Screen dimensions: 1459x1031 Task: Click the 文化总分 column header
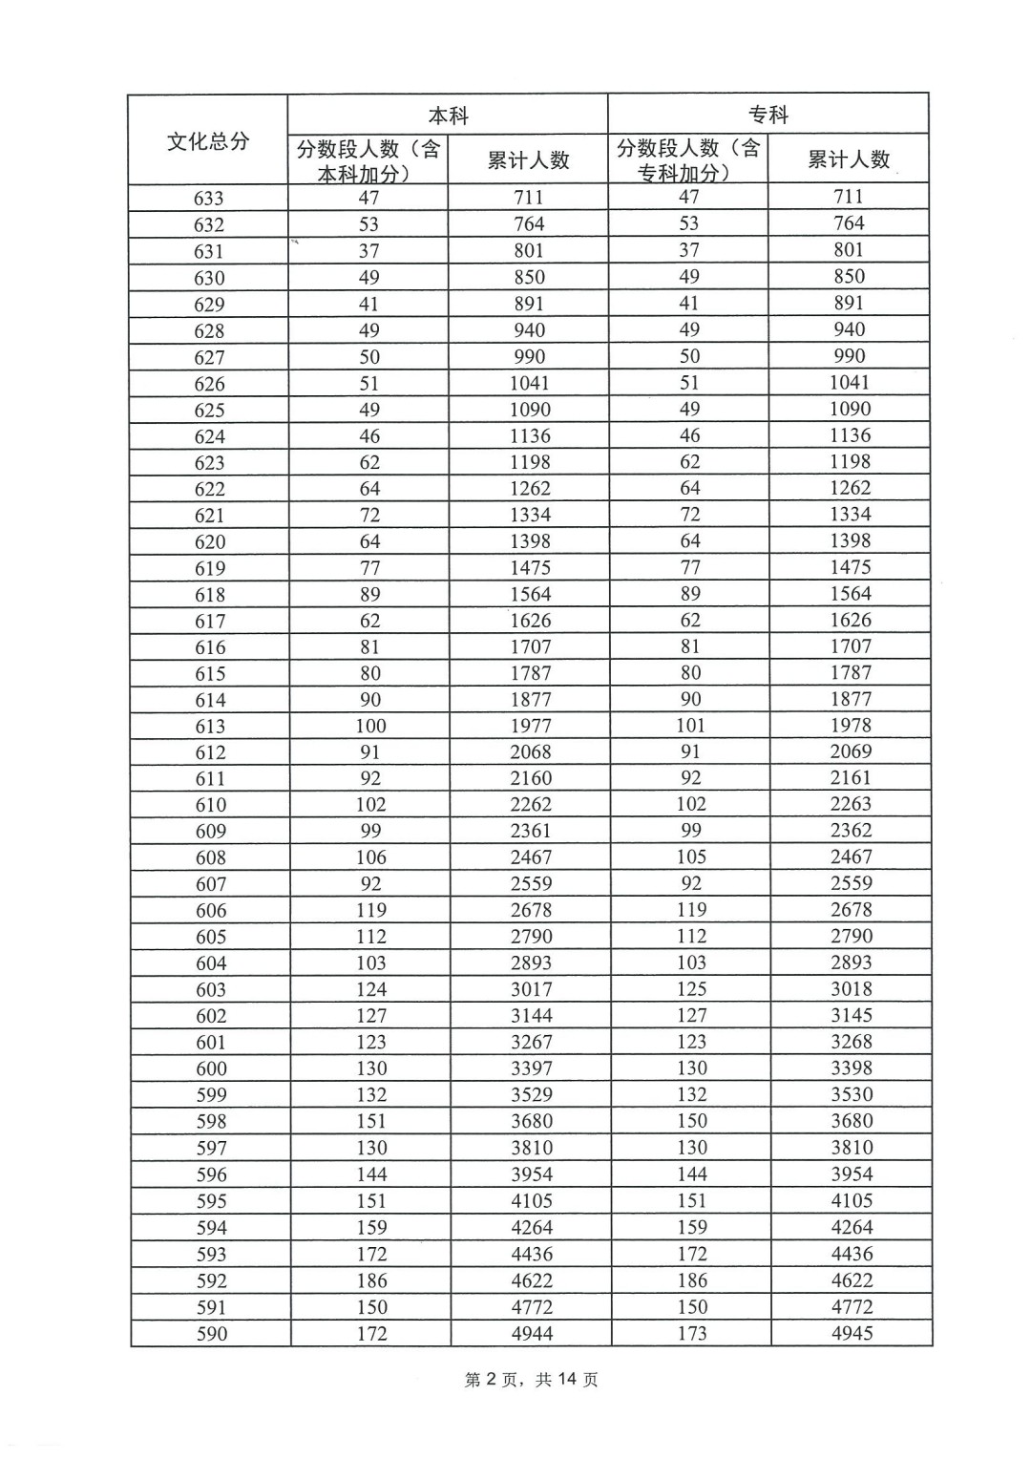(208, 141)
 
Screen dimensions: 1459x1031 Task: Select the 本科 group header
(448, 116)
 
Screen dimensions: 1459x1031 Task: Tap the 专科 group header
(768, 116)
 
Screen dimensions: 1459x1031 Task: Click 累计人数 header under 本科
(528, 160)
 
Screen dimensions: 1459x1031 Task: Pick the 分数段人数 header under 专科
(688, 159)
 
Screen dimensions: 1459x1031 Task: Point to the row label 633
(208, 199)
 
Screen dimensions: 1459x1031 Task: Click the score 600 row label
(211, 1069)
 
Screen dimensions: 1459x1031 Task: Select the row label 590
(211, 1334)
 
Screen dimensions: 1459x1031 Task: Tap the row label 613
(210, 727)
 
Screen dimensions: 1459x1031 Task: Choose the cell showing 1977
(531, 726)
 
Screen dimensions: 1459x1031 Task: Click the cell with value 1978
(851, 726)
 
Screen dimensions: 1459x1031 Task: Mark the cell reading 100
(370, 726)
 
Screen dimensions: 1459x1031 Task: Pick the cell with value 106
(370, 857)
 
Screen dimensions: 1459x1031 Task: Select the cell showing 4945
(852, 1333)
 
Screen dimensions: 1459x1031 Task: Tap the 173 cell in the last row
(692, 1333)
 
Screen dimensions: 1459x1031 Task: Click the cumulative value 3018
(851, 989)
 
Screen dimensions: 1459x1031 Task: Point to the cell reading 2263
(851, 804)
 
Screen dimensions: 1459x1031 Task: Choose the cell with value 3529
(531, 1095)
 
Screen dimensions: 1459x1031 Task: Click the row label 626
(209, 384)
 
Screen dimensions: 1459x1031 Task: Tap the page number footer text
(531, 1380)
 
